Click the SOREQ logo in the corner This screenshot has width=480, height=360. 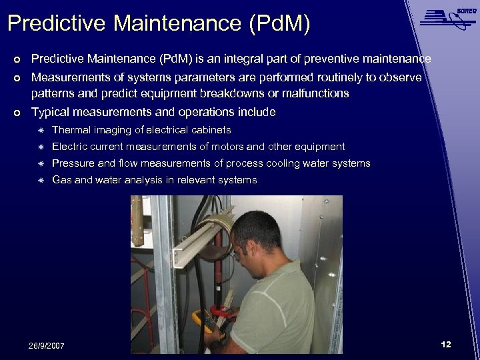tap(446, 17)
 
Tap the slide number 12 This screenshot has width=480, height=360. tap(446, 344)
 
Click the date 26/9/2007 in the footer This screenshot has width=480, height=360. tap(47, 346)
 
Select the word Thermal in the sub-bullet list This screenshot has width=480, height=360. tap(70, 130)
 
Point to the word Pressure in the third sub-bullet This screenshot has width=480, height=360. tap(73, 163)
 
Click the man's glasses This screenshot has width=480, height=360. tap(237, 253)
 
